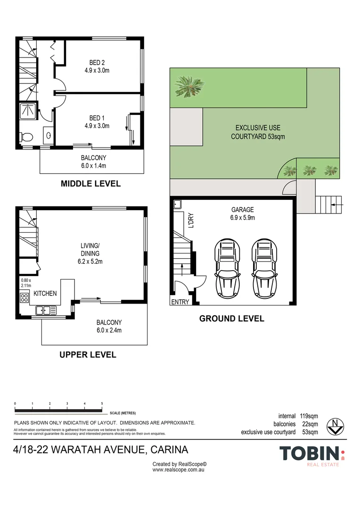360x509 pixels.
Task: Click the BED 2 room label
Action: coord(99,62)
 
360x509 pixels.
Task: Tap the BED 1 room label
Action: coord(99,117)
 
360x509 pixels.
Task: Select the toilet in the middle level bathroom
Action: coord(26,137)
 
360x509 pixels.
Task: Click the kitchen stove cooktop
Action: coord(24,297)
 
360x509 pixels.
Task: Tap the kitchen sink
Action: coord(46,310)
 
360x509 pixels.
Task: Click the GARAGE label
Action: coord(242,210)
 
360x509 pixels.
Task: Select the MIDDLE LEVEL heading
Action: coord(90,184)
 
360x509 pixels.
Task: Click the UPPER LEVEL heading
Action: coord(88,354)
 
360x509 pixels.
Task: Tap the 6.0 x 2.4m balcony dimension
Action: coord(109,330)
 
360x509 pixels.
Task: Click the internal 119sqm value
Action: coord(309,416)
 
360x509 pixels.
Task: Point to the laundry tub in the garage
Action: coord(177,204)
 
